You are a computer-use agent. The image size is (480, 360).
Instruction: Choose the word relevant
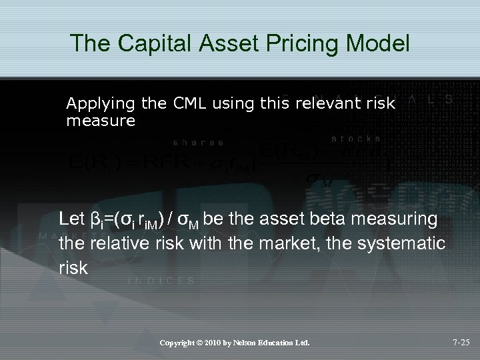[x=333, y=104]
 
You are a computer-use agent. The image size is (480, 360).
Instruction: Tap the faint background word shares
[x=198, y=142]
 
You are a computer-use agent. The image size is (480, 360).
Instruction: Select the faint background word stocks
[x=356, y=139]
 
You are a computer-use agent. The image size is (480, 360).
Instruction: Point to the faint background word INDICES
[x=161, y=281]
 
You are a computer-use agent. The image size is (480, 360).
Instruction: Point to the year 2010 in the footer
[x=218, y=343]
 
